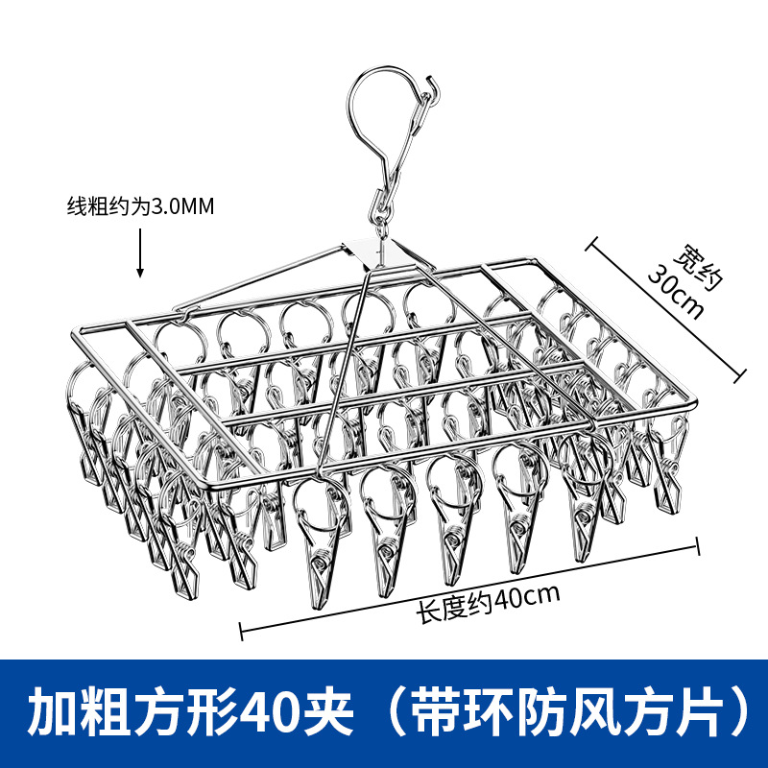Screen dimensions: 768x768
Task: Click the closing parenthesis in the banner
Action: point(734,711)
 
